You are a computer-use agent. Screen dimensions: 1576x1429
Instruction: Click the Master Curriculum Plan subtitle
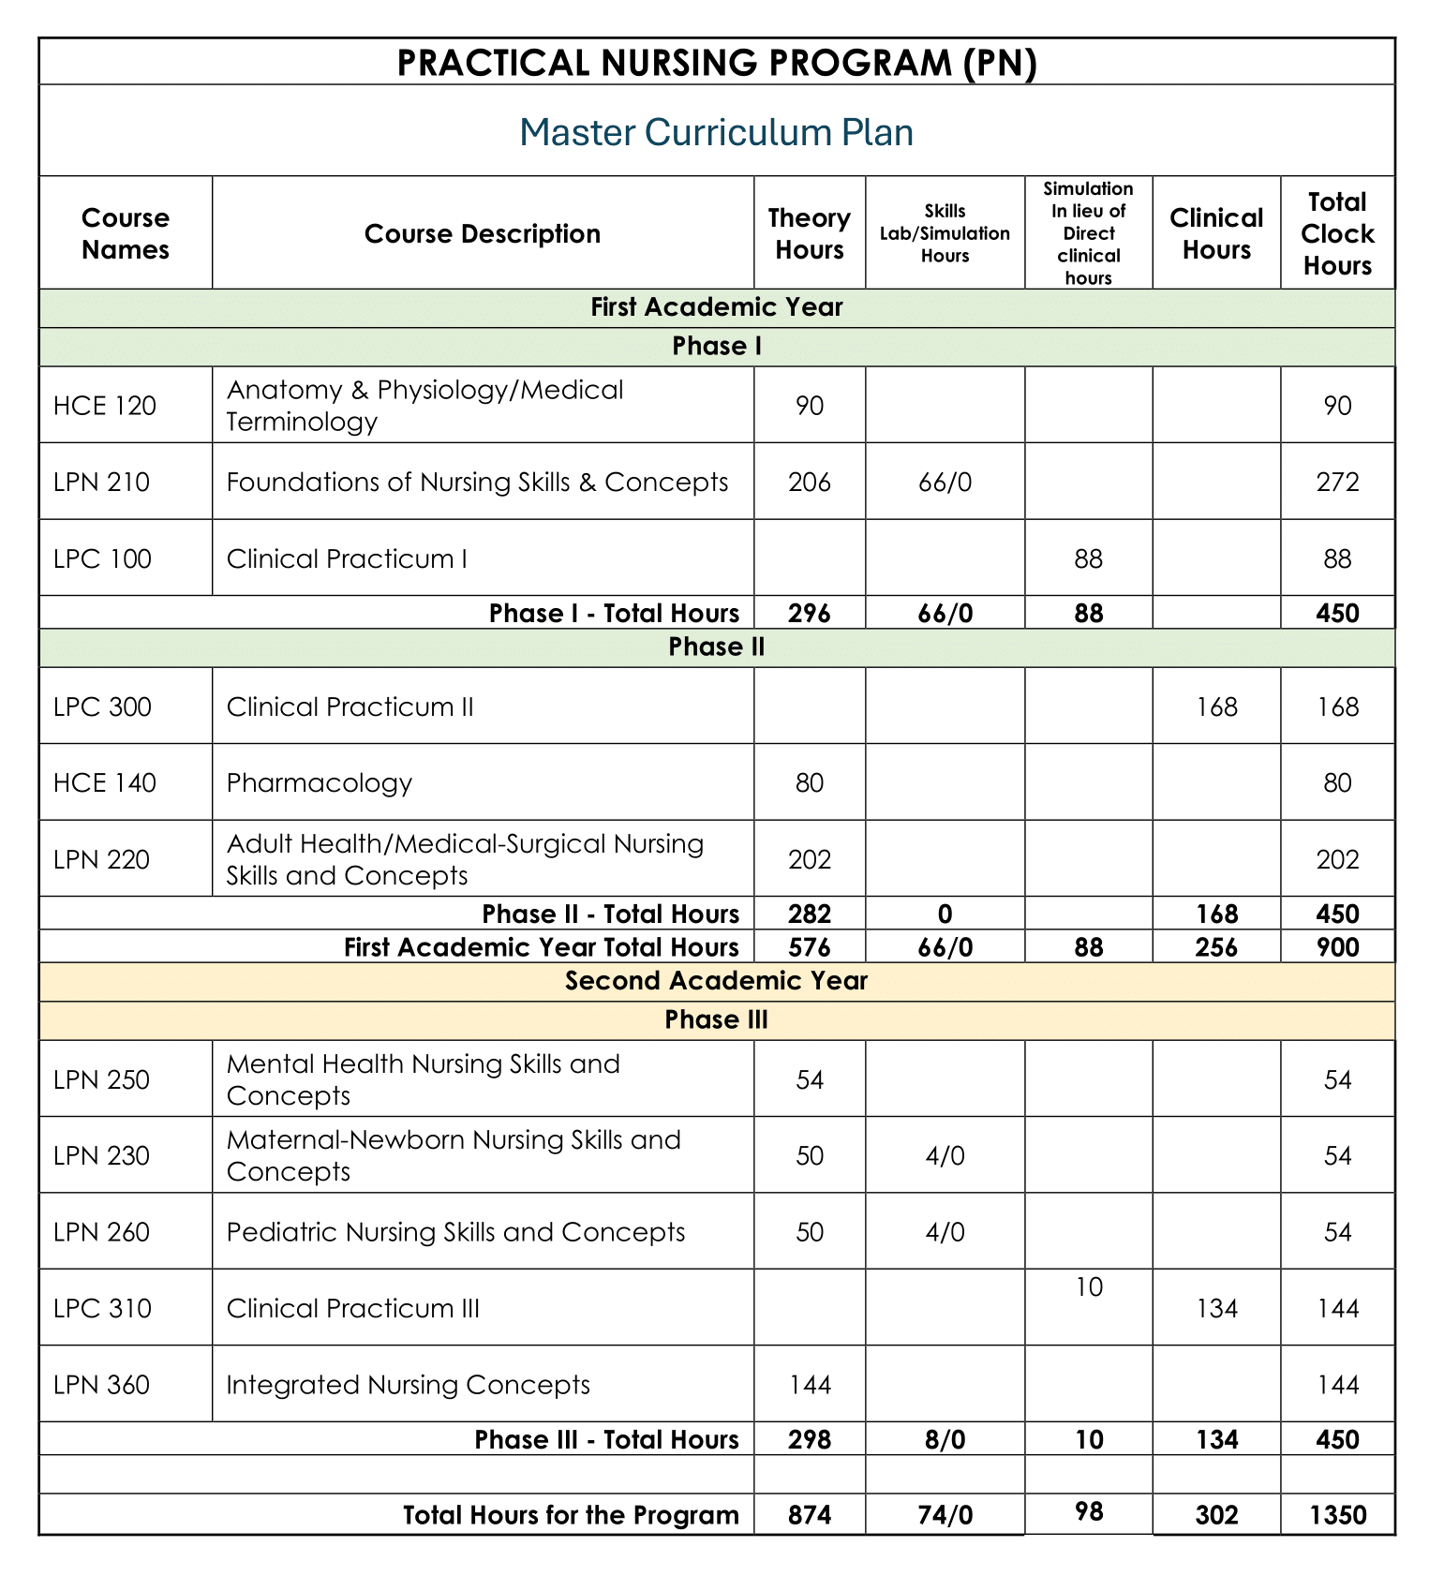point(716,132)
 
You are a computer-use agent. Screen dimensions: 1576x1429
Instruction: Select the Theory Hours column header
point(809,233)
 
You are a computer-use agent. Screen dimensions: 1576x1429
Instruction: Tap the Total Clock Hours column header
point(1337,233)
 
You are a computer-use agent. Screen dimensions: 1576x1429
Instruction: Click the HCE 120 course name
point(105,406)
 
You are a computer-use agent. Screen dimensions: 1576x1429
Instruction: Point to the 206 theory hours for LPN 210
point(810,482)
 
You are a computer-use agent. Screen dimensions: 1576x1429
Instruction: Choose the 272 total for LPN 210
point(1337,482)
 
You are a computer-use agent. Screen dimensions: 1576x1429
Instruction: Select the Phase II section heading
point(717,647)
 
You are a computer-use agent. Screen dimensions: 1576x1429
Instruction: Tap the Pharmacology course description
point(320,782)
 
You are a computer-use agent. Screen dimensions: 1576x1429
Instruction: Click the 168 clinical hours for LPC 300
point(1216,706)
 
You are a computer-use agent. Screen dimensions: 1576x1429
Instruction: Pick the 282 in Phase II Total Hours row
point(810,914)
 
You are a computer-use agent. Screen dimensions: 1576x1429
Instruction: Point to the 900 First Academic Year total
point(1337,947)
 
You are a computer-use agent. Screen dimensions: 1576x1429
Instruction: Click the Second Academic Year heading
point(717,981)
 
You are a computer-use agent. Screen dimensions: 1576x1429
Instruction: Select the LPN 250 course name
point(101,1079)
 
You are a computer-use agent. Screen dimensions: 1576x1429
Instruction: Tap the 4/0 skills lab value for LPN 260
point(945,1231)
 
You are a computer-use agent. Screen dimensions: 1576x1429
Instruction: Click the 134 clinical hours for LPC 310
point(1216,1308)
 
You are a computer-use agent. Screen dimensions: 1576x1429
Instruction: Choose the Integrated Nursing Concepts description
point(409,1384)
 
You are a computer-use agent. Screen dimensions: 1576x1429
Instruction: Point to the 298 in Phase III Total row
point(810,1439)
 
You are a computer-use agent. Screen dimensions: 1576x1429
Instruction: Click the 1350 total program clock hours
point(1337,1515)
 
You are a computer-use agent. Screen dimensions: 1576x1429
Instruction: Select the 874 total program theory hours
point(810,1515)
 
